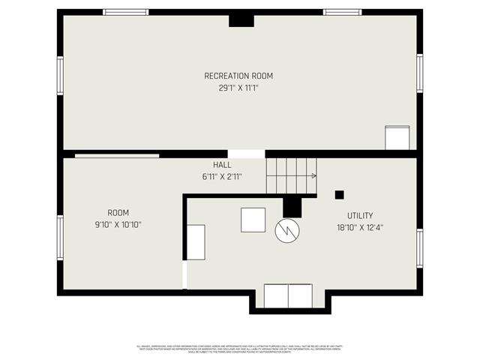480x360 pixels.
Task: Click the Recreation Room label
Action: (x=238, y=76)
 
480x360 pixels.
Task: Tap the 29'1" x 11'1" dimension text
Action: (x=238, y=88)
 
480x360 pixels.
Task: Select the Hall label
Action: (x=222, y=165)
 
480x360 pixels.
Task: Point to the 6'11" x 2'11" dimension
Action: (x=222, y=177)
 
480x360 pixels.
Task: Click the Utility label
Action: (x=360, y=215)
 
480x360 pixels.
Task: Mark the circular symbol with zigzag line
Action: (x=287, y=231)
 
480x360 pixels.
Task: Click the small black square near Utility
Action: (x=339, y=195)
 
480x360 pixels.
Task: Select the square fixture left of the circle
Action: (x=253, y=220)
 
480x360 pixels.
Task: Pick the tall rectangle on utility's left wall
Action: (x=196, y=241)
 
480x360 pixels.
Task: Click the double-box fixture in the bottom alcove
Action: (x=288, y=295)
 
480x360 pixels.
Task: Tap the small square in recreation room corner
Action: (x=397, y=138)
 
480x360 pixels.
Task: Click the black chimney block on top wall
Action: (x=241, y=19)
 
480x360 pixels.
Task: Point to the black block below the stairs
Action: (x=292, y=206)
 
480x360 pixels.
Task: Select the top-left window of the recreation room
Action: (x=126, y=12)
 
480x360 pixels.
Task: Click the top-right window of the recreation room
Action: (x=342, y=12)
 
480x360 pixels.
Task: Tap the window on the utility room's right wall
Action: (x=420, y=247)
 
